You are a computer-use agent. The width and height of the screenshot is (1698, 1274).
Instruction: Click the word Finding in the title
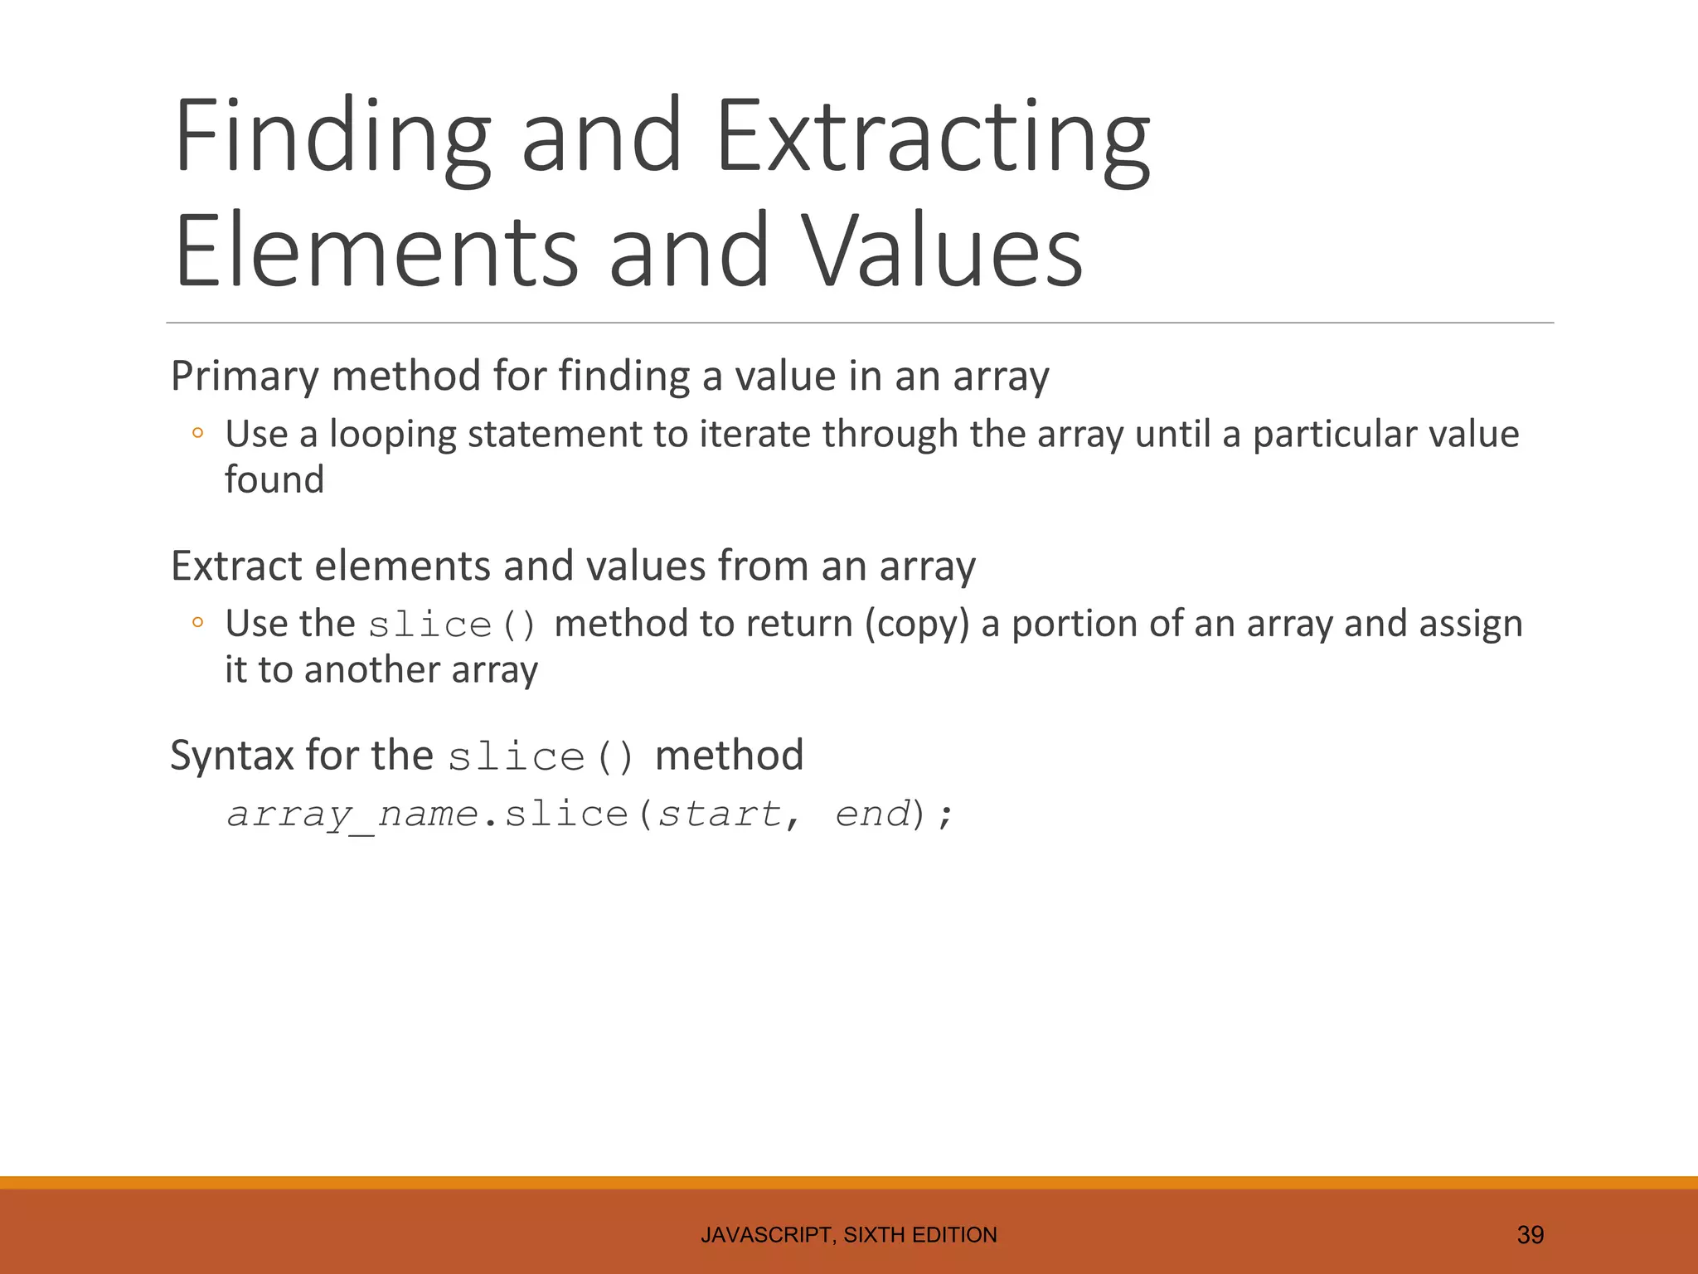pos(332,137)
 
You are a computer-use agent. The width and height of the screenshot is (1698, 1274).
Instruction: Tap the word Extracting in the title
pos(932,137)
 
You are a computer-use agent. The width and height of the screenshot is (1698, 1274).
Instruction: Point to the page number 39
pos(1530,1235)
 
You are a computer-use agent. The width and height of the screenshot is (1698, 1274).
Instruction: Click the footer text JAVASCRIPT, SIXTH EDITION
pos(848,1235)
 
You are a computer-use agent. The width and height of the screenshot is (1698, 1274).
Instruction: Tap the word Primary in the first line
pos(244,377)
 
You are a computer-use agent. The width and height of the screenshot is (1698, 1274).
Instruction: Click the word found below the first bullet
pos(274,480)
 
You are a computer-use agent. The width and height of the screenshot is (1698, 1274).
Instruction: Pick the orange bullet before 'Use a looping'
pos(197,432)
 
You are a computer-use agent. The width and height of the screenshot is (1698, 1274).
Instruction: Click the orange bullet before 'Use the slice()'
pos(197,622)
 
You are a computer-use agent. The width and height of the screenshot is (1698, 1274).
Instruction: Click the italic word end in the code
pos(872,814)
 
